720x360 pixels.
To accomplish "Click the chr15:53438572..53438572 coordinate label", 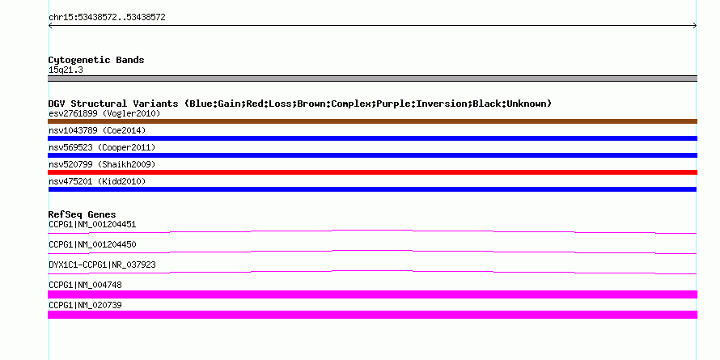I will coord(107,17).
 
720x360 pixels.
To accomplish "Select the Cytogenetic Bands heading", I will coord(96,60).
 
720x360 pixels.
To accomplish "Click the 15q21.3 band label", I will coord(66,70).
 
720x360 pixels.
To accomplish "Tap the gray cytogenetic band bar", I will coord(372,78).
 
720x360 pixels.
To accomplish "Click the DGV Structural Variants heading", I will coord(299,104).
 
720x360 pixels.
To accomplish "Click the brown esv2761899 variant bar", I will coord(372,121).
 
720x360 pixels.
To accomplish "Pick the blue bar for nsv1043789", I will coord(372,138).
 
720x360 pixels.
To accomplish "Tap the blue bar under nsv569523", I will coord(372,155).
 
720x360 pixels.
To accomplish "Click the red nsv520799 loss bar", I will coord(372,172).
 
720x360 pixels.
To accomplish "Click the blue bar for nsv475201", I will coord(372,189).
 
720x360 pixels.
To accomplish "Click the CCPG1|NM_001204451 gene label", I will coord(92,224).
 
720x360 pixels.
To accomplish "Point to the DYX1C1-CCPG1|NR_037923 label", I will coord(102,265).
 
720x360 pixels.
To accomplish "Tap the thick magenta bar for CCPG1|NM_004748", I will coord(372,294).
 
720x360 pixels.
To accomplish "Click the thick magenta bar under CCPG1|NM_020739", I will coord(372,315).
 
